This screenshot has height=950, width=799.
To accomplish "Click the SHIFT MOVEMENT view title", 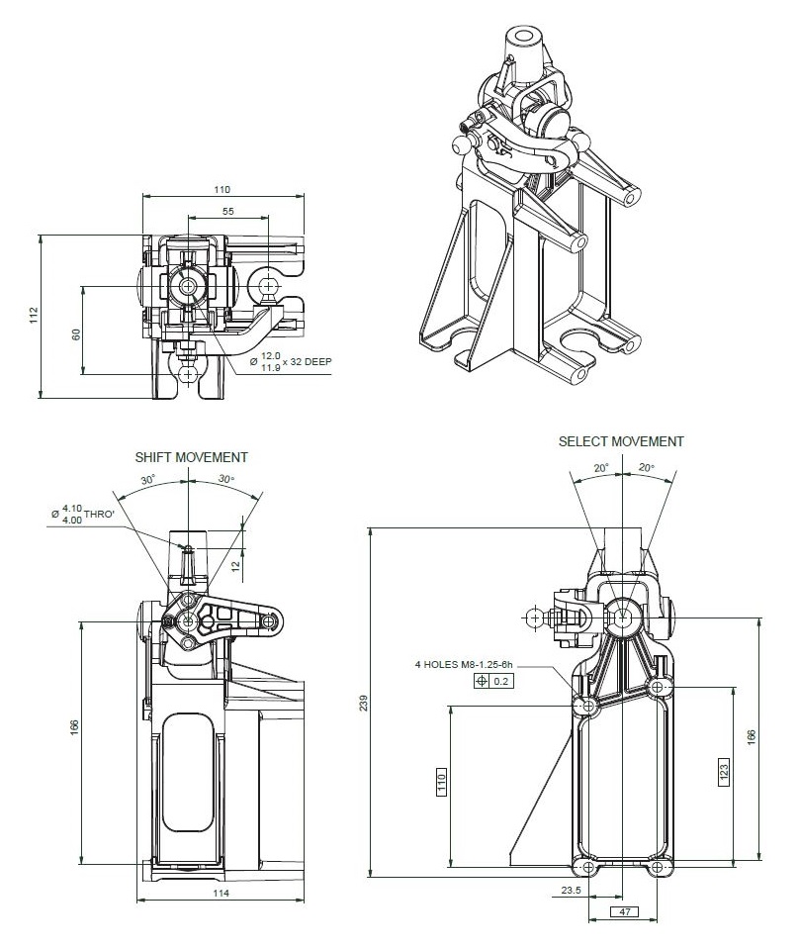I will click(x=191, y=457).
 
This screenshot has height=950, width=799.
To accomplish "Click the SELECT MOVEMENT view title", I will click(x=620, y=441).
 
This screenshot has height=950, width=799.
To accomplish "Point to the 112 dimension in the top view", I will click(x=34, y=316).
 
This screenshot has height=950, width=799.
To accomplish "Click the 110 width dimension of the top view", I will click(x=221, y=188).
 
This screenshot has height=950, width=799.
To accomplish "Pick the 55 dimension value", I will click(x=227, y=212).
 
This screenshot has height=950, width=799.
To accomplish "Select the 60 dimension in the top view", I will click(x=76, y=334).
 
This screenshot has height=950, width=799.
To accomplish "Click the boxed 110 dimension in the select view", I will click(x=441, y=781).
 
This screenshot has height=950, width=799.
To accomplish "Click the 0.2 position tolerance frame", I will click(x=494, y=681).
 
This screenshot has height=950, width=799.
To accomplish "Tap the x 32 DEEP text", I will click(x=308, y=362).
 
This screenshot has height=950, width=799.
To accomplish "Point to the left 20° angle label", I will click(x=599, y=468).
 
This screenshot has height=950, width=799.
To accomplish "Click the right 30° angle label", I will click(x=226, y=479).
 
